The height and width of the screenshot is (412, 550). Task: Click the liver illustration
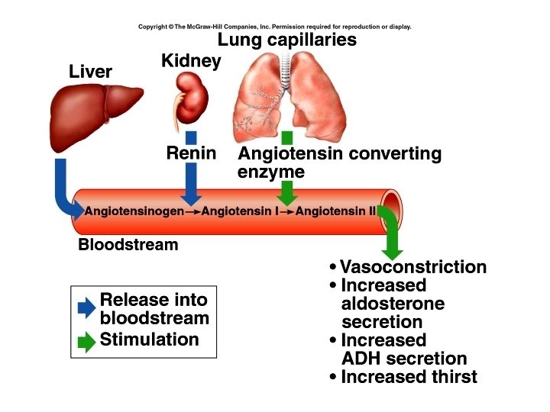[x=95, y=114]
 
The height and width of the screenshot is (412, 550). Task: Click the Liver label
[x=90, y=72]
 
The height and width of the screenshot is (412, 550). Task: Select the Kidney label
[x=191, y=60]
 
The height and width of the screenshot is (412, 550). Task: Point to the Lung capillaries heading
[x=287, y=40]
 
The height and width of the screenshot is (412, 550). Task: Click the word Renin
[x=191, y=153]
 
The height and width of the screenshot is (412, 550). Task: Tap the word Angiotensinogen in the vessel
[x=134, y=211]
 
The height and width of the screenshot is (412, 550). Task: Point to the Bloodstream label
[x=128, y=245]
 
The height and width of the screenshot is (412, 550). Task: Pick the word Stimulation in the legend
[x=149, y=340]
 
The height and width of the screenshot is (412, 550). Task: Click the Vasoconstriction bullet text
[x=412, y=267]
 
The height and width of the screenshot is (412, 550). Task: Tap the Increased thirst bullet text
[x=408, y=376]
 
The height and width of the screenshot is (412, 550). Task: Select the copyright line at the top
[x=275, y=27]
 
